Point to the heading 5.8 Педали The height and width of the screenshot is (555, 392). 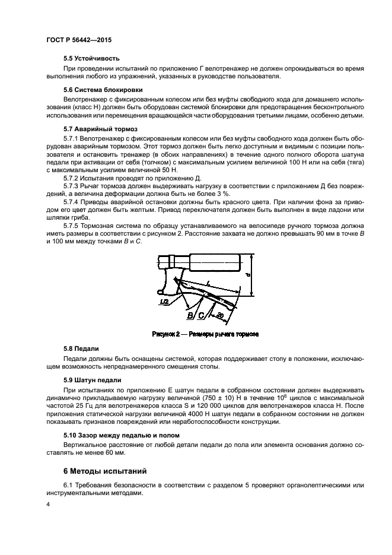(81, 348)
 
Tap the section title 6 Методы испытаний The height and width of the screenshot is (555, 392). (100, 471)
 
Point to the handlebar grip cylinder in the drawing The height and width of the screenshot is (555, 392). (213, 261)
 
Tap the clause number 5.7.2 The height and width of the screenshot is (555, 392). (72, 177)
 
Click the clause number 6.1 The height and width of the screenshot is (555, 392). (68, 486)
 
